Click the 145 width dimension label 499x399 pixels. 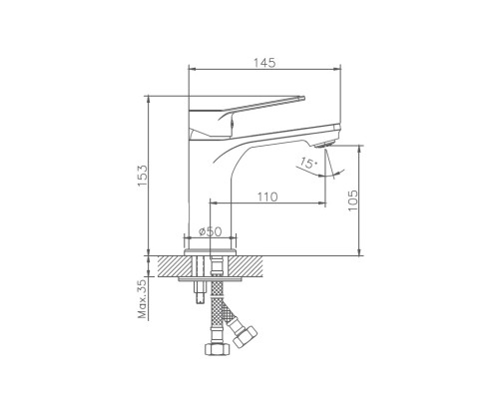(264, 63)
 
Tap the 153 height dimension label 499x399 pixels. (143, 176)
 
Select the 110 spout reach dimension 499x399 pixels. (267, 197)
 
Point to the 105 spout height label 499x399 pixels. (352, 200)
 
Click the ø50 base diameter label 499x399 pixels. (210, 231)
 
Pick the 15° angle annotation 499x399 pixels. (307, 164)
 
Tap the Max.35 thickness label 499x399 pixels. (142, 299)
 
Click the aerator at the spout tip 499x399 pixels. (325, 145)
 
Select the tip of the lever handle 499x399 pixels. (302, 98)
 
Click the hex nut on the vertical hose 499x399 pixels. (217, 349)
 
